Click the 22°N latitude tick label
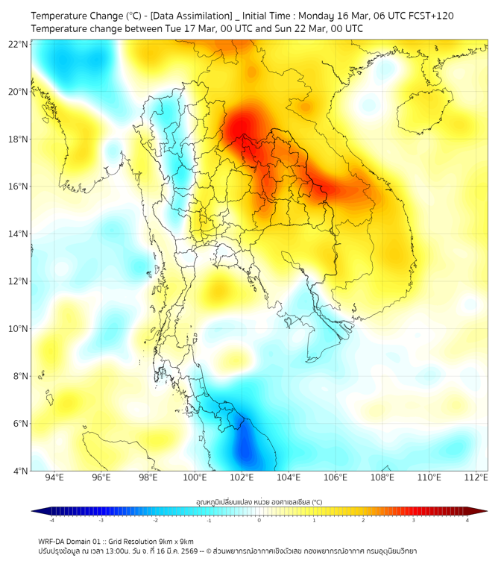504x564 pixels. pos(18,44)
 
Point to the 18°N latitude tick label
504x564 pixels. pos(18,140)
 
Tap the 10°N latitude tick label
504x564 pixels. pos(18,329)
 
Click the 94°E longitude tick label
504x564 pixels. pos(54,478)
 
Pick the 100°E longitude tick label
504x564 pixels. pos(195,478)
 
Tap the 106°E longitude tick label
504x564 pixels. pos(336,478)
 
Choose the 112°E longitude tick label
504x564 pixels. pos(476,478)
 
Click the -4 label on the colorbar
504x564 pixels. pos(51,520)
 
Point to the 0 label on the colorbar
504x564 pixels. pos(259,520)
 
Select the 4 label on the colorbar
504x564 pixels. pos(467,520)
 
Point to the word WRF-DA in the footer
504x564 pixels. pos(54,541)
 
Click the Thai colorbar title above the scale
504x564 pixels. pos(259,501)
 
